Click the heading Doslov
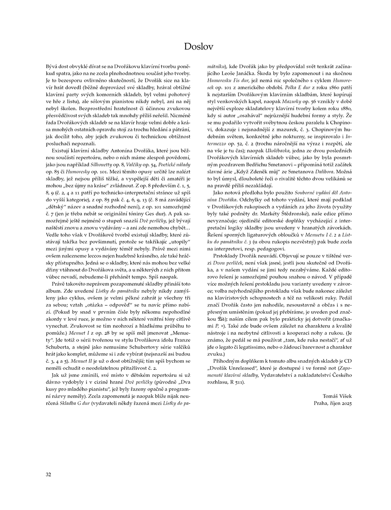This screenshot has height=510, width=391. pos(195,47)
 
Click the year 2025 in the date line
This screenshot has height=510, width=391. pos(345,403)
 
